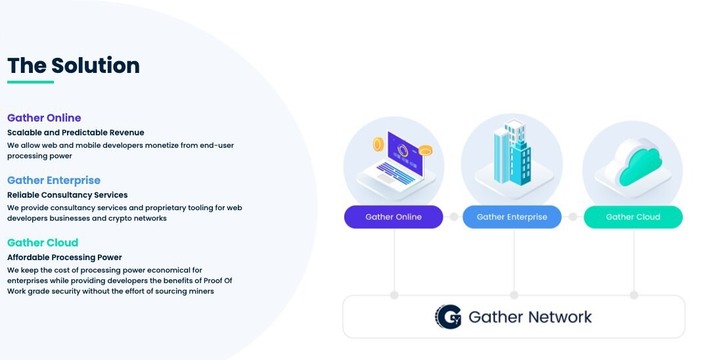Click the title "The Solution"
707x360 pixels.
click(74, 66)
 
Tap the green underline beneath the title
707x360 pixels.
click(31, 82)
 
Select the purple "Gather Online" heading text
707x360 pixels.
click(44, 118)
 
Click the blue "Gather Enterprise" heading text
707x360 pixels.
click(54, 180)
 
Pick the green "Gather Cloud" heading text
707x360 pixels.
click(43, 243)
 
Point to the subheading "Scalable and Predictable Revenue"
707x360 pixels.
click(76, 133)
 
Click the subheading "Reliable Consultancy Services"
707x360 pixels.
click(67, 195)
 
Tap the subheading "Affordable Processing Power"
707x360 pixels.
click(64, 258)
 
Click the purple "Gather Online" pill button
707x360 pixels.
click(394, 217)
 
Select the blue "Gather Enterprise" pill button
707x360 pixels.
click(513, 217)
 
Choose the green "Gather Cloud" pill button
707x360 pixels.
click(633, 217)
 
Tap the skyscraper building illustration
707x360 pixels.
click(513, 152)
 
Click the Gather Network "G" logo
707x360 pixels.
click(448, 317)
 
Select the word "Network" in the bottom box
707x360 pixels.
click(560, 317)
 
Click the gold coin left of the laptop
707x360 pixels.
click(378, 145)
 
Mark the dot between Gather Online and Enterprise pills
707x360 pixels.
click(453, 217)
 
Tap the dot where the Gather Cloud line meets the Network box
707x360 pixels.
click(634, 295)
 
